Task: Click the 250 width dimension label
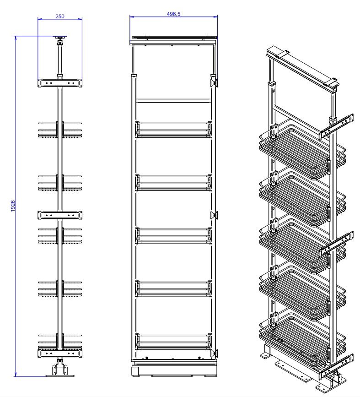click(x=60, y=16)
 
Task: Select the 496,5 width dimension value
click(x=173, y=14)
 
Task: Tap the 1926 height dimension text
click(x=13, y=207)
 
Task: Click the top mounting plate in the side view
click(x=59, y=38)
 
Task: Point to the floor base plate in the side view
click(x=59, y=375)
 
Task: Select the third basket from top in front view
click(x=173, y=234)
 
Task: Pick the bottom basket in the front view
click(x=173, y=342)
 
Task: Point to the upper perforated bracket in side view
click(x=59, y=83)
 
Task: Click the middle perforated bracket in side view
click(x=59, y=214)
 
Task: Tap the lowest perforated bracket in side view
click(x=59, y=353)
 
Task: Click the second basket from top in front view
click(x=173, y=182)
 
